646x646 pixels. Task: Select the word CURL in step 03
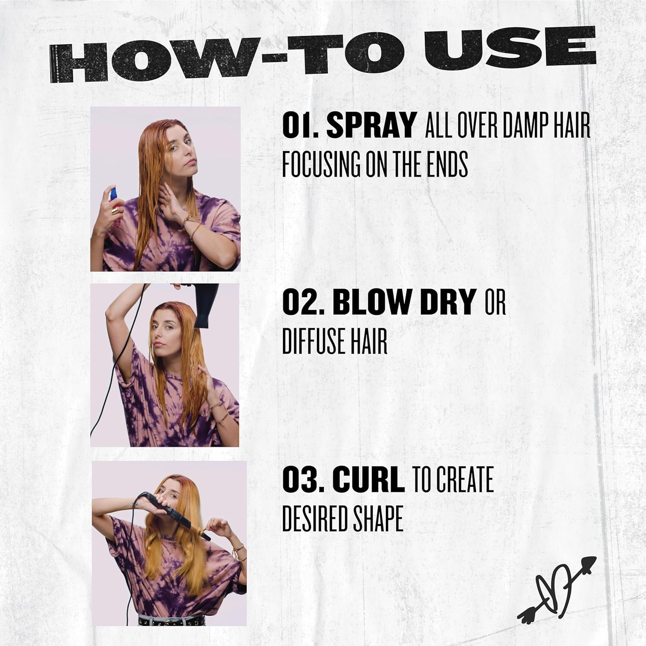(369, 480)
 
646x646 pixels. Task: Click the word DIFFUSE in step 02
(309, 342)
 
